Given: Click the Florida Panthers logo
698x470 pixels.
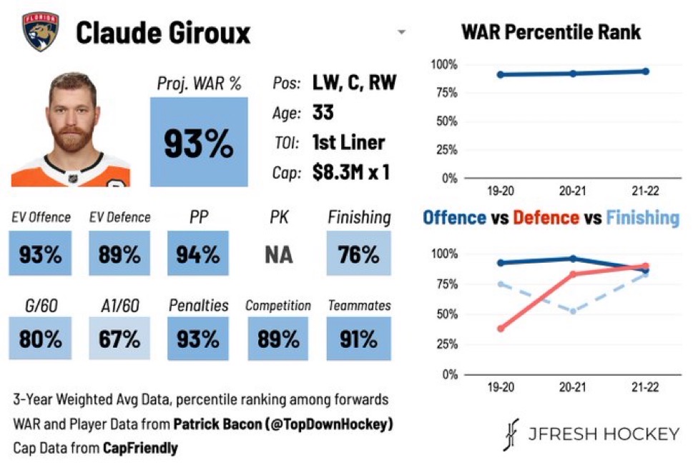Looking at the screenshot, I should (40, 32).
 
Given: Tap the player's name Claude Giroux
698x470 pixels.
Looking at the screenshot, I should (164, 32).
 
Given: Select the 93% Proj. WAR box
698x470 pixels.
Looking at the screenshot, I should (199, 142).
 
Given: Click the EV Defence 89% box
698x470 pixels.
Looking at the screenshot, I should (119, 254).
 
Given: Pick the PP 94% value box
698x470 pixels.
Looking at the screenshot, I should (198, 254).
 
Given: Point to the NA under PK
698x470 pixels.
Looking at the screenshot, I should (278, 254).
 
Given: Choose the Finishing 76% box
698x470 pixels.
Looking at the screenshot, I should (359, 254).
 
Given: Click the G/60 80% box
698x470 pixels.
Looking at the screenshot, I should (40, 339).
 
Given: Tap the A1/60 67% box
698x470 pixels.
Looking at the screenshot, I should (119, 339).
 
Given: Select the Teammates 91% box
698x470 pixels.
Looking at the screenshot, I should (359, 339).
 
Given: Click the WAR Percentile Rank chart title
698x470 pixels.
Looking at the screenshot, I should (551, 32).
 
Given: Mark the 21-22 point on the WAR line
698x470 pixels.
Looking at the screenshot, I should (645, 71).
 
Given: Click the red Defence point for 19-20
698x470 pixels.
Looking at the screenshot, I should (500, 329).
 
